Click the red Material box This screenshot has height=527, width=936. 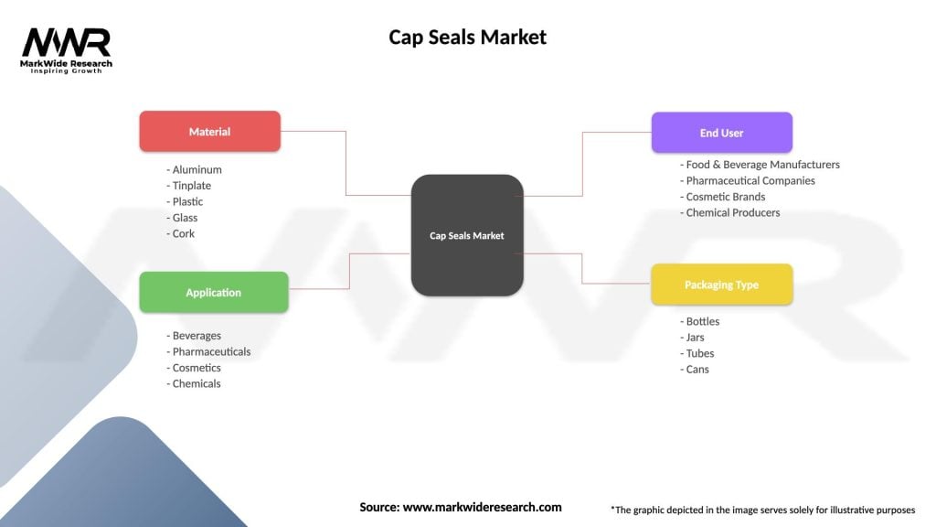click(209, 132)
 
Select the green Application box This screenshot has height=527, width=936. click(213, 293)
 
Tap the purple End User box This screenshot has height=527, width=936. click(721, 133)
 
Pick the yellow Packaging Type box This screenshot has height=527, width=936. click(721, 285)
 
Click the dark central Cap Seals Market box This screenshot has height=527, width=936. click(467, 235)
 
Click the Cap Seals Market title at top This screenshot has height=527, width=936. click(467, 38)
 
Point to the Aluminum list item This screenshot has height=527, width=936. click(197, 169)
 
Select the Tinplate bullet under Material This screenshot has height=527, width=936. click(191, 186)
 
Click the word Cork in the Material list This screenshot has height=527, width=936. click(183, 233)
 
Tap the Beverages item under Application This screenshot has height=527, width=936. click(197, 336)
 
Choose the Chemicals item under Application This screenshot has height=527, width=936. click(196, 383)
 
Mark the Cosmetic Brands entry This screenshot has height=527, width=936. click(725, 197)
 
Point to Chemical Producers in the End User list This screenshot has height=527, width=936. click(732, 212)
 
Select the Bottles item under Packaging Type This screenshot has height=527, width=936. click(702, 321)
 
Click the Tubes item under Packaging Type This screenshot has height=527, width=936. click(699, 353)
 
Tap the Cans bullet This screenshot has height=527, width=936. click(697, 370)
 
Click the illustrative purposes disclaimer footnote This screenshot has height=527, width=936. click(762, 509)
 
